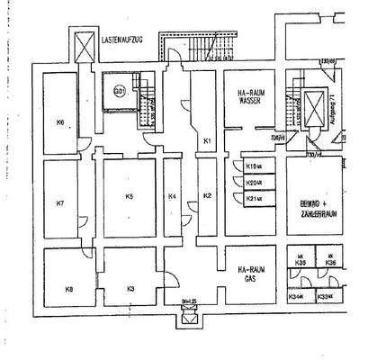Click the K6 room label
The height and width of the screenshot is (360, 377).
point(59,122)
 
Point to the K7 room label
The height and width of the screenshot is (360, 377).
point(59,203)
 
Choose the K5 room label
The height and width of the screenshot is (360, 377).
point(130,196)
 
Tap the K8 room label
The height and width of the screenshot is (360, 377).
point(67,288)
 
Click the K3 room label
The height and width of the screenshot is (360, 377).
point(130,288)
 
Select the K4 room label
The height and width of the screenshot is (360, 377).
point(173,196)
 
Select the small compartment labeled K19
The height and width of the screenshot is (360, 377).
point(253,166)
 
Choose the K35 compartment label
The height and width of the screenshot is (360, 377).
point(302,263)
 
